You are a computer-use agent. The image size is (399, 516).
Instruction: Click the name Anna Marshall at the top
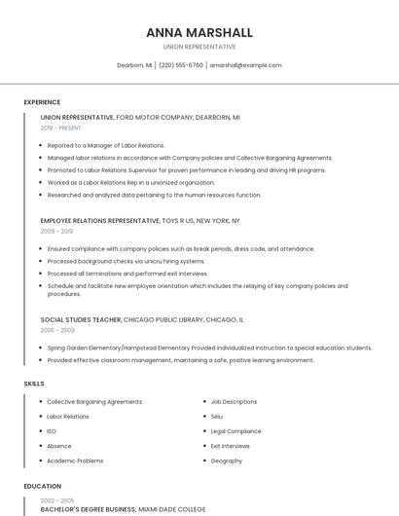199,32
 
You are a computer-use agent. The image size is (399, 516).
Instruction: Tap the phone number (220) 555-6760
180,65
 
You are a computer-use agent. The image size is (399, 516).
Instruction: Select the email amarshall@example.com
245,65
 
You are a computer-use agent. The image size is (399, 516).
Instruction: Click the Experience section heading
42,102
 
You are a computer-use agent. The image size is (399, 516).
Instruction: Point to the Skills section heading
34,384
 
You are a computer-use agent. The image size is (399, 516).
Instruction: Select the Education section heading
43,486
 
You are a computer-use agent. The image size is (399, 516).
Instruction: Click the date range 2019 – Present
61,128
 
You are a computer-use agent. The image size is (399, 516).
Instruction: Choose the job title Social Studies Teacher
81,319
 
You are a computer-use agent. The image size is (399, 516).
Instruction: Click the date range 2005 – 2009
57,330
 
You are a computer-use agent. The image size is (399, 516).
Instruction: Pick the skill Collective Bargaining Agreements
94,401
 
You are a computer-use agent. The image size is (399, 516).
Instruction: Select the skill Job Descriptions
234,401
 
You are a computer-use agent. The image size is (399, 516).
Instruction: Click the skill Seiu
217,416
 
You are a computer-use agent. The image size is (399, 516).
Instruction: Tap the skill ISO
52,430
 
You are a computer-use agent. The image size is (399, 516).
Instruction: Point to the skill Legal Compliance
236,430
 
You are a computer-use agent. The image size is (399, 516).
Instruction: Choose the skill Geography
227,461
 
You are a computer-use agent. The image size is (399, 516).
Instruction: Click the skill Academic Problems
75,461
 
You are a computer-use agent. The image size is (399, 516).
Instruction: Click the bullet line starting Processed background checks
126,261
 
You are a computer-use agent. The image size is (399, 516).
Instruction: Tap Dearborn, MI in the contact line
134,65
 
